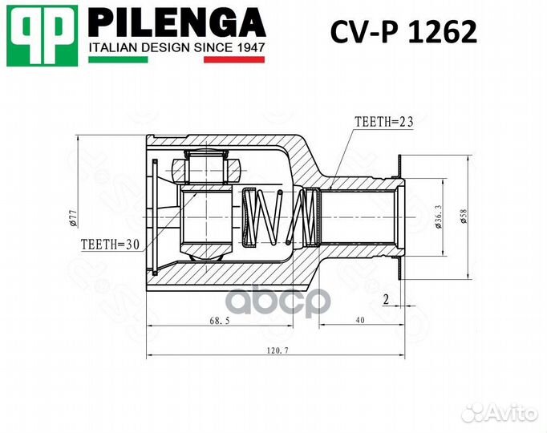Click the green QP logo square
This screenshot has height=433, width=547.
pos(43,35)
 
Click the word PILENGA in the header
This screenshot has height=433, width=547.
pos(177,22)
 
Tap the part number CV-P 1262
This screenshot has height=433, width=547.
pos(403,31)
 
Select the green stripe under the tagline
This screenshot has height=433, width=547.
pos(118,59)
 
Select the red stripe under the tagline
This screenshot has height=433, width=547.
pos(234,59)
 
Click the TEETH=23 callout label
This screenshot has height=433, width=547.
pos(383,122)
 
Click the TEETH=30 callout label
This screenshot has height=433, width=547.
pos(110,245)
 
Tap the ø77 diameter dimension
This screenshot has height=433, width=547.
pos(73,218)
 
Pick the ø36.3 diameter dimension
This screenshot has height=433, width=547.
pos(439,216)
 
